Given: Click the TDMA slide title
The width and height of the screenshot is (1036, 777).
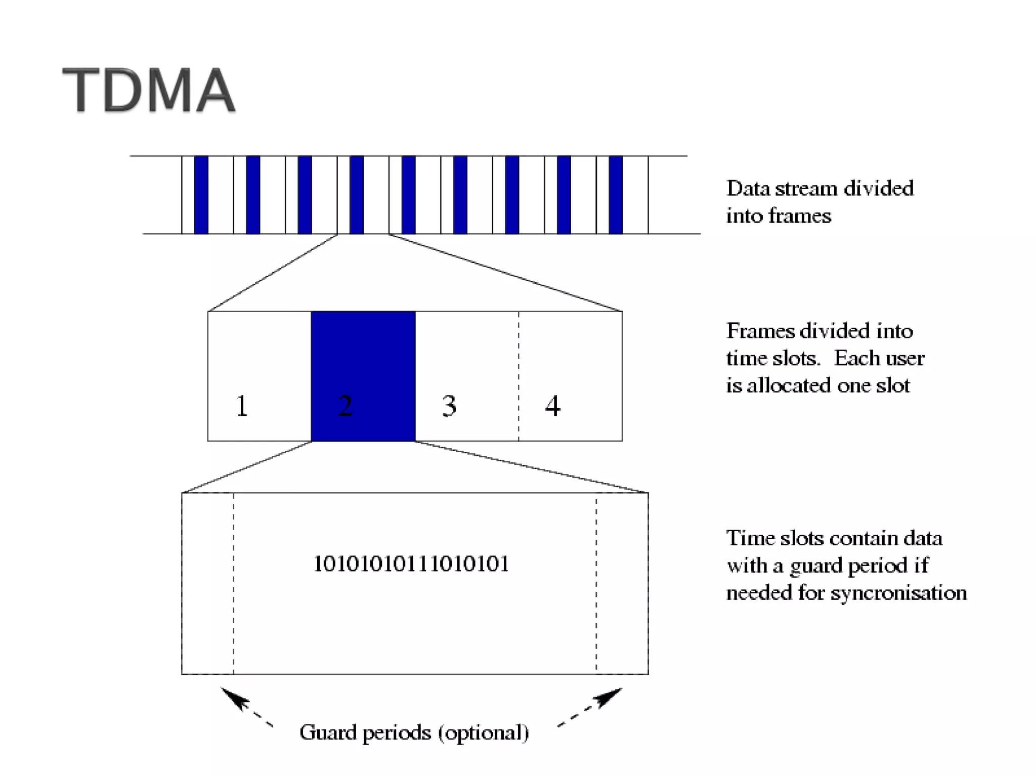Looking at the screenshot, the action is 149,90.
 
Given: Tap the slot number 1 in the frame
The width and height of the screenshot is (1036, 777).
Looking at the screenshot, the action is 242,406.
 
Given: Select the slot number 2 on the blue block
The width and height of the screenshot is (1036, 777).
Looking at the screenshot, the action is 345,406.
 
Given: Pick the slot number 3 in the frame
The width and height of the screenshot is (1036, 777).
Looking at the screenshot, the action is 449,406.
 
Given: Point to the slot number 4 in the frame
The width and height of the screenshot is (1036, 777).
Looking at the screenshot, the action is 552,406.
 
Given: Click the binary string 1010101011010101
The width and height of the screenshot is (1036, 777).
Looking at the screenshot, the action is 411,564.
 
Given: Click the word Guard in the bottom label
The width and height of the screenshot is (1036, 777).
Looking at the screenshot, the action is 328,732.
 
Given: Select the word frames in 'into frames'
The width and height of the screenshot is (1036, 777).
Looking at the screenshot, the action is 800,216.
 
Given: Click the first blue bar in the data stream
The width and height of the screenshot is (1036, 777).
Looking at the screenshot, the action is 201,195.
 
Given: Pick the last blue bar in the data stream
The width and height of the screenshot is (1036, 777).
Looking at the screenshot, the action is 616,195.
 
